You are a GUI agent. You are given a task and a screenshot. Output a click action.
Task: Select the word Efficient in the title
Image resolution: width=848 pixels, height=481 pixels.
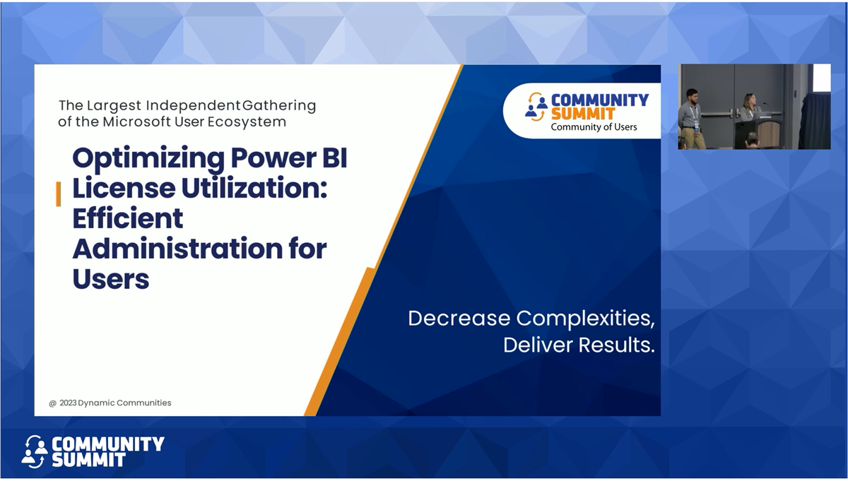pos(127,219)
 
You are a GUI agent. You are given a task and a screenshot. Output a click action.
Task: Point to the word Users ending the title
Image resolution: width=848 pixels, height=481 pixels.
pos(111,279)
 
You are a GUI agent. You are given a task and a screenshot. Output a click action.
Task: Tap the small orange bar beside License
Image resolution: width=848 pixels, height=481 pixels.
pos(58,194)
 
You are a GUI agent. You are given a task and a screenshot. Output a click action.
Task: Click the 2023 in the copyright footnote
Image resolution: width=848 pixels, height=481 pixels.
pos(67,403)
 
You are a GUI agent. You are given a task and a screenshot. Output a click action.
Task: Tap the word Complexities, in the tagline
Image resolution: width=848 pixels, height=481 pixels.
pos(584,318)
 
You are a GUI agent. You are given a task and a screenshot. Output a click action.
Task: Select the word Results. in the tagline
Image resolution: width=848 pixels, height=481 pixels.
pos(616,345)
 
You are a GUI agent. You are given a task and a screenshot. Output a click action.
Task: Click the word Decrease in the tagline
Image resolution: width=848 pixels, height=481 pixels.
pos(459,318)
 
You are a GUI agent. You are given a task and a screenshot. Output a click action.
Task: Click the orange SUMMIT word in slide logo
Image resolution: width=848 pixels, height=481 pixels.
pos(583,113)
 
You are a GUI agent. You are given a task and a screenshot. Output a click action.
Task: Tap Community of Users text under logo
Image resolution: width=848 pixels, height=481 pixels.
pos(594,127)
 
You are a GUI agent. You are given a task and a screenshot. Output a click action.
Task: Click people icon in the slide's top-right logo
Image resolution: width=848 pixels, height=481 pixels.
pos(536,106)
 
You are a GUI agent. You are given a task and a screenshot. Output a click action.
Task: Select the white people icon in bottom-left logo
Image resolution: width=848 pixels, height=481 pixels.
pos(35,451)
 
